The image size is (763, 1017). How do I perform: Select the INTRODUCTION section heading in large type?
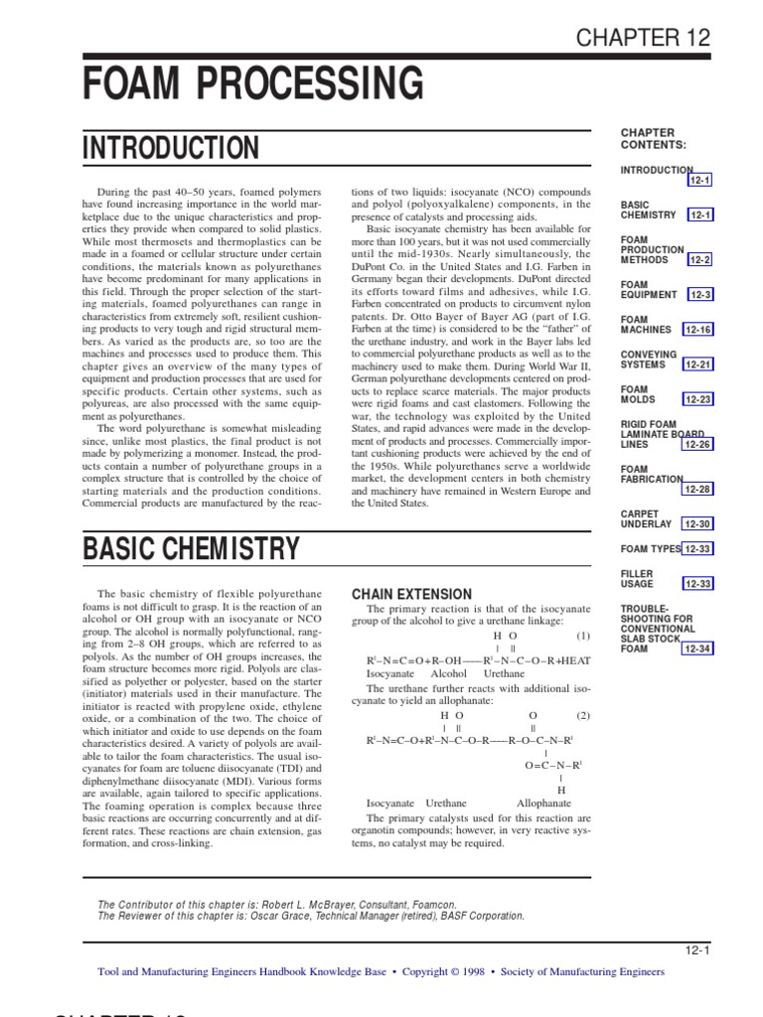point(171,149)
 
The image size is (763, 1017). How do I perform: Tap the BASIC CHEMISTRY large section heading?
point(190,547)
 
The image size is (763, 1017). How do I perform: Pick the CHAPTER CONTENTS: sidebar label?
point(648,139)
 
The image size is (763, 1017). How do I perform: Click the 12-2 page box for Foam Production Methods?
point(700,260)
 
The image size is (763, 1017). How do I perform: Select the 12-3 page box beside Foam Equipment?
point(700,295)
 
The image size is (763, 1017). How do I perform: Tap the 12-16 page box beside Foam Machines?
point(697,330)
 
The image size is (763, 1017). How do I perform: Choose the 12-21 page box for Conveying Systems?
point(697,364)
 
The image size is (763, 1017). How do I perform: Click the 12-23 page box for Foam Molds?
point(697,399)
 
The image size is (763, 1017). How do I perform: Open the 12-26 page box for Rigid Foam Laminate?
point(697,444)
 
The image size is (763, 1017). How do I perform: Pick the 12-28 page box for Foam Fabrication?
point(697,489)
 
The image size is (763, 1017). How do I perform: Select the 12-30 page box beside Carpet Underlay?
point(697,523)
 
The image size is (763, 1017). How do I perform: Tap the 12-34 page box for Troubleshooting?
point(697,649)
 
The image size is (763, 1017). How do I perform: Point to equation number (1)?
point(582,635)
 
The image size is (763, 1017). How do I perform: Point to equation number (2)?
point(582,715)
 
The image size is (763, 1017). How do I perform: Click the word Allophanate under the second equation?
point(543,802)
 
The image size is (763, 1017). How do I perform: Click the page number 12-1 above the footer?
point(699,949)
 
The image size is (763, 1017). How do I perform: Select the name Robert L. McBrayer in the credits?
point(326,905)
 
